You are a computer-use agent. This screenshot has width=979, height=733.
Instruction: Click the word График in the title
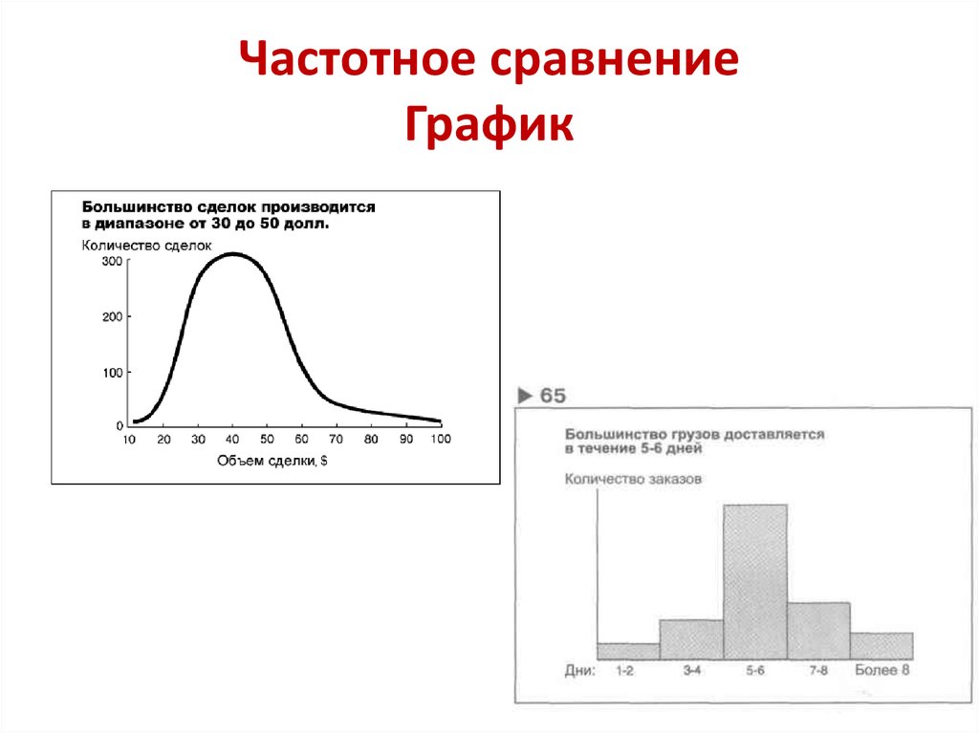point(489,125)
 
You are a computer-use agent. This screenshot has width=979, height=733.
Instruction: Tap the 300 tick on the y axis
point(112,262)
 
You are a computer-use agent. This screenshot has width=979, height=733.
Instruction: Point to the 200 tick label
point(112,316)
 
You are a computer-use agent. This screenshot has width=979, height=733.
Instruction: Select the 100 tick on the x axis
point(441,440)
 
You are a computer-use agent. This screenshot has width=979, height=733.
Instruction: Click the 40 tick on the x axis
point(232,440)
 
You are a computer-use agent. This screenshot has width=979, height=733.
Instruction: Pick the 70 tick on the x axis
point(336,440)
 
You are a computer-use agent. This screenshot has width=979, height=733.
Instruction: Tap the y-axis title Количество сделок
point(145,245)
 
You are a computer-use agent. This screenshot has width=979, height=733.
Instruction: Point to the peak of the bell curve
point(233,254)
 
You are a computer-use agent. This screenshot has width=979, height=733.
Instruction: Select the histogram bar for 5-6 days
point(755,581)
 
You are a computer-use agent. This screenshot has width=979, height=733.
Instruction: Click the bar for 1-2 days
point(628,651)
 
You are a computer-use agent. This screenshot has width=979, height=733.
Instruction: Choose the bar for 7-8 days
point(818,631)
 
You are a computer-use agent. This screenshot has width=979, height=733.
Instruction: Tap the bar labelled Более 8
point(881,646)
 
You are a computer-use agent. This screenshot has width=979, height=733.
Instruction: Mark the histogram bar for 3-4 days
point(691,639)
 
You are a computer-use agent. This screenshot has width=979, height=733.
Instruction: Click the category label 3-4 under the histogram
point(691,671)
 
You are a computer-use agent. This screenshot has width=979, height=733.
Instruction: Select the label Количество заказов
point(632,479)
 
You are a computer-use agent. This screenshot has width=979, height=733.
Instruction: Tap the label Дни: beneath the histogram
point(579,671)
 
